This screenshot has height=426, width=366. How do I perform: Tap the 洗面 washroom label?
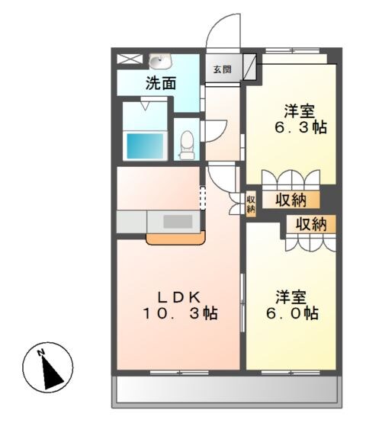161,83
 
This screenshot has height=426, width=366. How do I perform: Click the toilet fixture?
186,143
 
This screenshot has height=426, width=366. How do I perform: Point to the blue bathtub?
145,145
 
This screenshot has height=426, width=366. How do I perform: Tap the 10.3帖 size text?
180,313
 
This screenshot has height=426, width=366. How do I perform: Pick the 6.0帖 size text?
292,313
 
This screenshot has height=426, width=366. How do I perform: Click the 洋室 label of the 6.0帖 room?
291,295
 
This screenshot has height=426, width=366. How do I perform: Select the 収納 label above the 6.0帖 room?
311,224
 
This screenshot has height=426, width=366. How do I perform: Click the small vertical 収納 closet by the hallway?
251,204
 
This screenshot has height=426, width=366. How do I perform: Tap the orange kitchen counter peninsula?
175,238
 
